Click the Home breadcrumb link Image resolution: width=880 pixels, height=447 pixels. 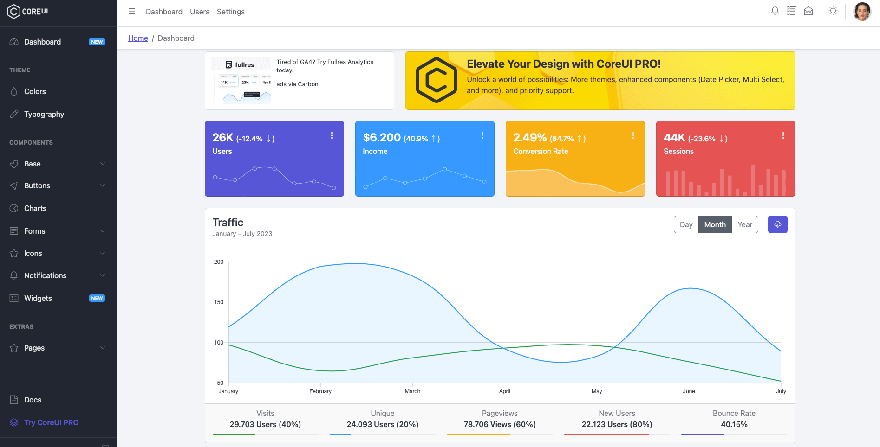(x=138, y=38)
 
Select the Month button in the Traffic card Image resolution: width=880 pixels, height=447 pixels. (x=715, y=224)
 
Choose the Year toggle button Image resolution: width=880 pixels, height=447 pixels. (x=744, y=224)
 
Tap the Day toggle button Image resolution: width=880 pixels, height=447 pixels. (x=686, y=224)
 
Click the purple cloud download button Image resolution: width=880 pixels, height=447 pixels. (x=777, y=224)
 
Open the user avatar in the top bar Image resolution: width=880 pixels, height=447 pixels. (x=862, y=12)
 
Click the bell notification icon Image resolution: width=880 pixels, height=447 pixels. (x=775, y=11)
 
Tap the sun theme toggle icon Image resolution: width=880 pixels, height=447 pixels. (x=833, y=11)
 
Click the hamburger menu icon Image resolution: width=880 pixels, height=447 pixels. (x=132, y=12)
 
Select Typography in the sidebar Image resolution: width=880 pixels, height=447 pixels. (x=44, y=114)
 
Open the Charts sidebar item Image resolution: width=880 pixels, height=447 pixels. (x=35, y=208)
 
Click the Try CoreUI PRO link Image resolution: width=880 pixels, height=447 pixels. (x=51, y=422)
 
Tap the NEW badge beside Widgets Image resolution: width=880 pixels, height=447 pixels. (x=97, y=298)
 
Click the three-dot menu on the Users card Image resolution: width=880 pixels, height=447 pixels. (x=332, y=135)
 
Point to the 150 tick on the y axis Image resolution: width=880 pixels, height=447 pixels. (x=219, y=302)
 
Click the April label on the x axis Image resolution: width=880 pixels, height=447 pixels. (x=504, y=391)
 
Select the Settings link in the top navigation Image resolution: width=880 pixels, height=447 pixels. (x=230, y=12)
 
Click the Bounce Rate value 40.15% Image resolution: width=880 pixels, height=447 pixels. (x=734, y=424)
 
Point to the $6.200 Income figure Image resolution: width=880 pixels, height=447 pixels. (x=382, y=138)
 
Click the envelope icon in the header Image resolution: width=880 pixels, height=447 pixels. (x=808, y=11)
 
